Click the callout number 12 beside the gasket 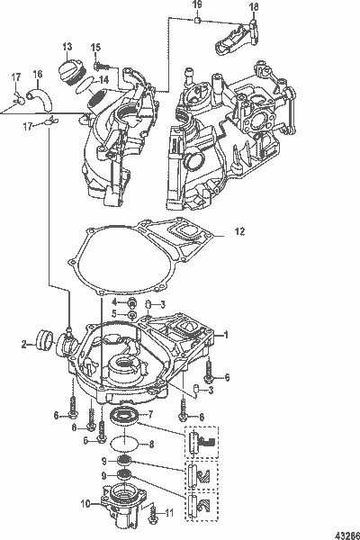tap(239, 232)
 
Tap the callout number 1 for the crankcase tap(228, 334)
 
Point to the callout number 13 tap(67, 46)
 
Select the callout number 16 tap(38, 74)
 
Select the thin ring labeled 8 tap(125, 444)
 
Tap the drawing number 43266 tap(341, 529)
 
